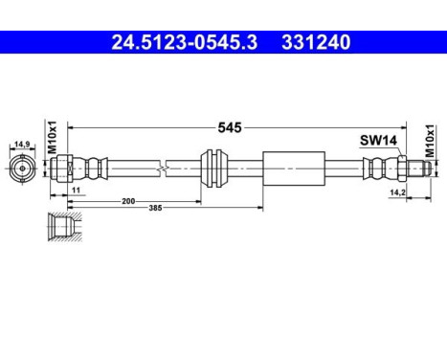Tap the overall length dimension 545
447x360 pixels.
click(x=228, y=125)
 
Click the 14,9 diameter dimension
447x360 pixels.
click(x=21, y=146)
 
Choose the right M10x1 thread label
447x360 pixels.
click(x=430, y=140)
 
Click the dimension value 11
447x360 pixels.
click(x=76, y=191)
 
